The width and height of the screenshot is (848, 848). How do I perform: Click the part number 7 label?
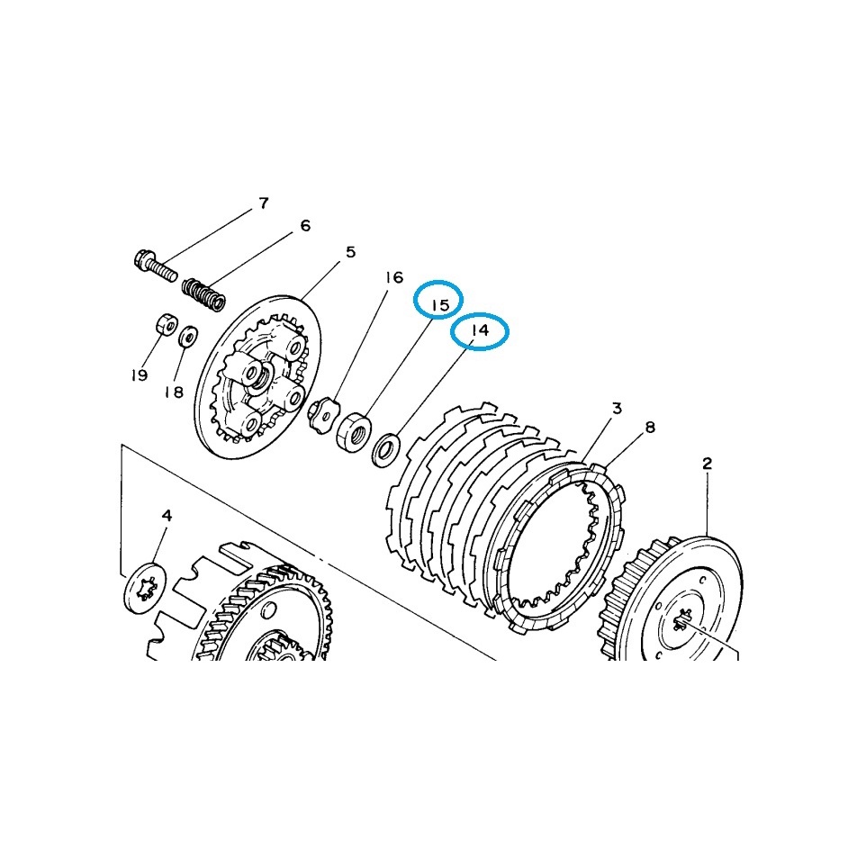(264, 203)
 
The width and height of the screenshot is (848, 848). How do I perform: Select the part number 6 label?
(305, 226)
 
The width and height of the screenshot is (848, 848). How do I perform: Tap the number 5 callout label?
(351, 252)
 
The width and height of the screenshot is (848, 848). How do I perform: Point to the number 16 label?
(394, 277)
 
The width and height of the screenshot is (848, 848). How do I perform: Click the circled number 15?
(439, 305)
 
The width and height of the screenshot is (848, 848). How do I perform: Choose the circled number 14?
(480, 329)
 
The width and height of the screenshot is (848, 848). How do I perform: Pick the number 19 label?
(139, 374)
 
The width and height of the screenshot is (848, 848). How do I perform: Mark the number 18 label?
(174, 392)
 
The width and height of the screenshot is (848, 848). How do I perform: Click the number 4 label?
(167, 516)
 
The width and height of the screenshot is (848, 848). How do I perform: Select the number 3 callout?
(617, 409)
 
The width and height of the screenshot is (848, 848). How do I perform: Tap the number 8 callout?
(650, 428)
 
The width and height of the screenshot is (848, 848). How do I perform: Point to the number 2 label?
(707, 464)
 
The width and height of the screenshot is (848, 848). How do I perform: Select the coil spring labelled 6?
(203, 294)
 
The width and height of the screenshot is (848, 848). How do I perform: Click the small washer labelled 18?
(188, 337)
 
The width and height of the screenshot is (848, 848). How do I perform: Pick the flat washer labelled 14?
(385, 448)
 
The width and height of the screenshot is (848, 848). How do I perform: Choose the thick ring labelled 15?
(354, 431)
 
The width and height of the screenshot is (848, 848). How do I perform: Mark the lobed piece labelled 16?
(322, 412)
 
